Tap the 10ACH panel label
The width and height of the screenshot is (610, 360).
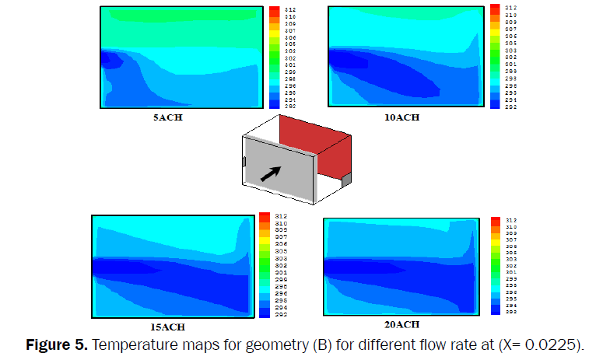[402, 117]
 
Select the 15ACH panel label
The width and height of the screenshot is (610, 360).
[168, 327]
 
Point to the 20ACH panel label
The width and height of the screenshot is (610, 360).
[402, 324]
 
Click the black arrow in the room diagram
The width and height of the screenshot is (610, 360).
[271, 173]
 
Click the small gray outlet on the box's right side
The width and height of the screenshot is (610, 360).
[346, 181]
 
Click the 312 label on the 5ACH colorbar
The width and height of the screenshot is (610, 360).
[289, 10]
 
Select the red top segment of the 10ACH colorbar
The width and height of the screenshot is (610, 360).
[495, 9]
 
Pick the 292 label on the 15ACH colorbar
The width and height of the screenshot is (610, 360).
[276, 315]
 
